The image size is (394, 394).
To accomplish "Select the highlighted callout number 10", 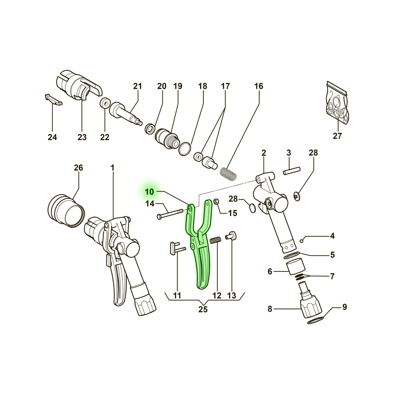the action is (149, 192).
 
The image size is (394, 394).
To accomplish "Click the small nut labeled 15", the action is (216, 201).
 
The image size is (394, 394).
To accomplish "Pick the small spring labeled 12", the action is (216, 240).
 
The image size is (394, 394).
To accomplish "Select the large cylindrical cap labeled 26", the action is (66, 210).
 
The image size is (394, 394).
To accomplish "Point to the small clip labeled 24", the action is (54, 100).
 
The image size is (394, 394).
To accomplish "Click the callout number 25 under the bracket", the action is (203, 309).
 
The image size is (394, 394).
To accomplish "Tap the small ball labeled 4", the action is (302, 241).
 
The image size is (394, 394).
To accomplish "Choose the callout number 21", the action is (138, 86).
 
